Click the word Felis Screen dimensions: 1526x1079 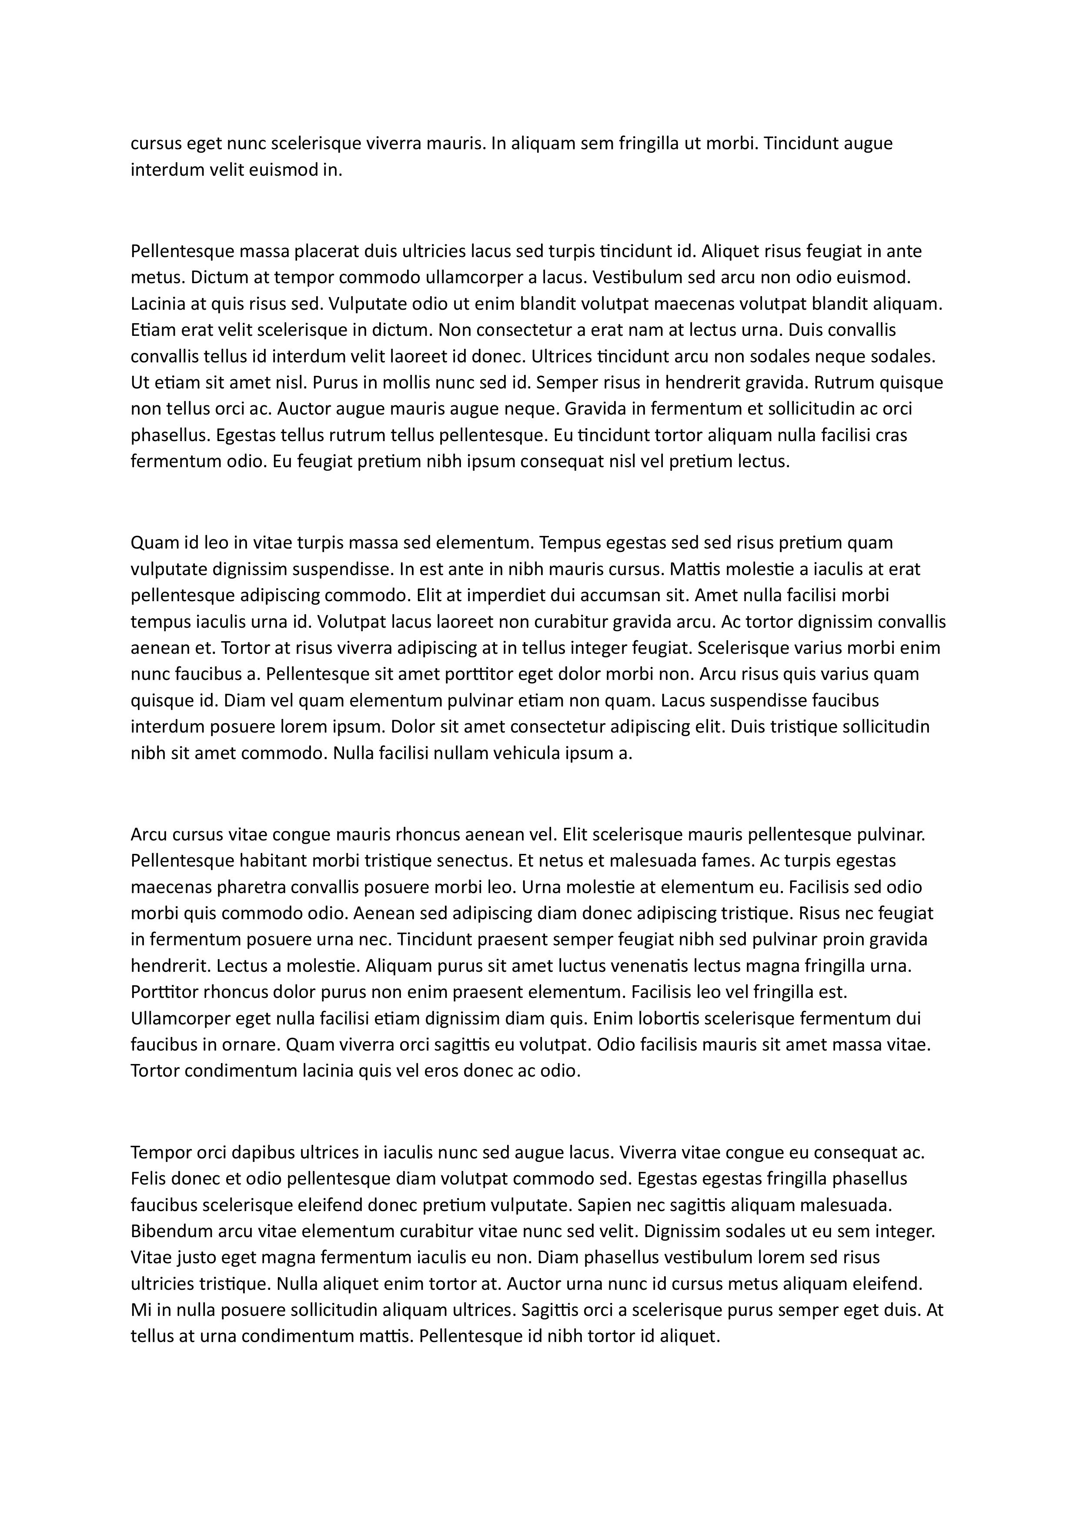tap(148, 1179)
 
